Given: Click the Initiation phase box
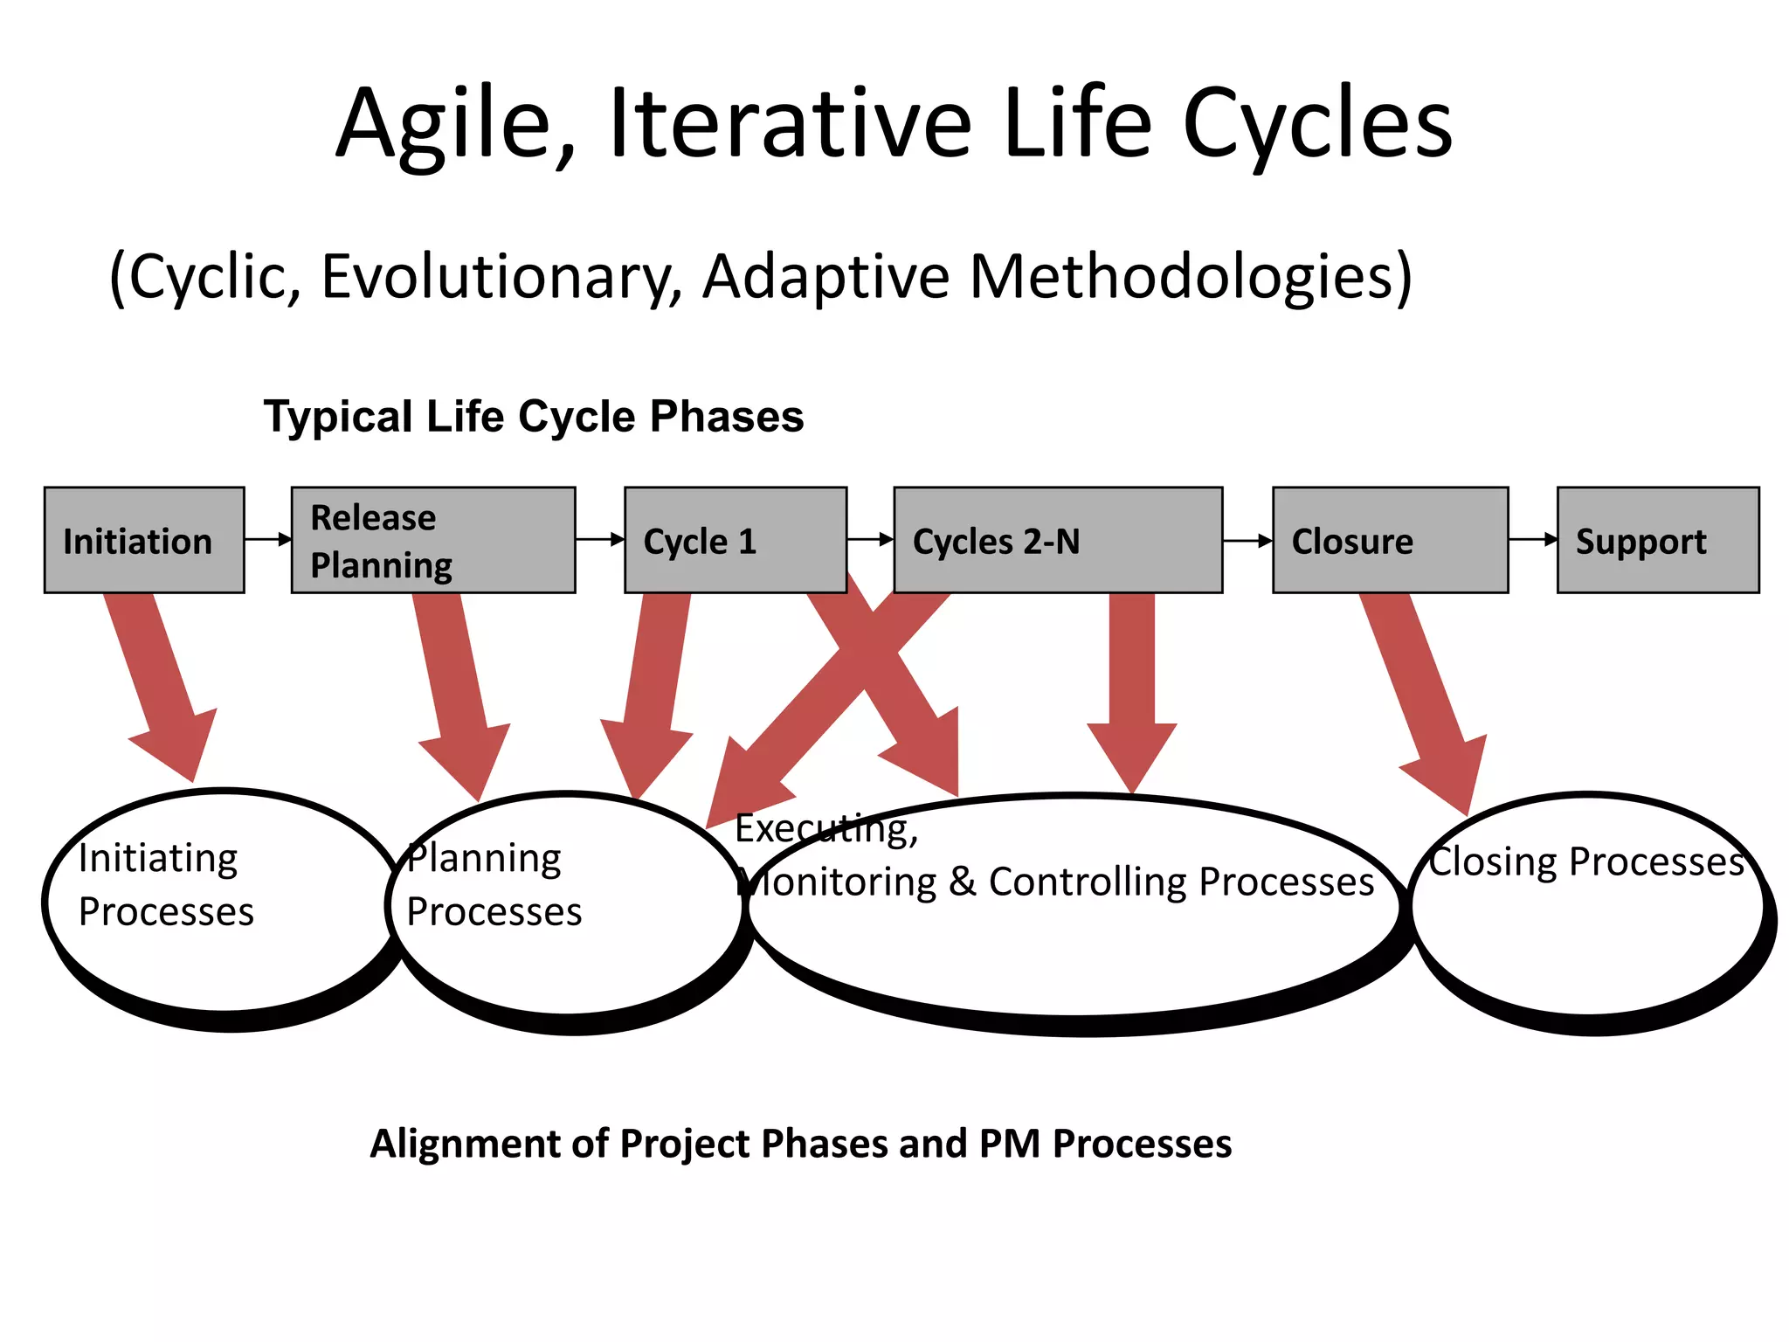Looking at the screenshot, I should (144, 540).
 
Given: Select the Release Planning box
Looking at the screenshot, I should (433, 540).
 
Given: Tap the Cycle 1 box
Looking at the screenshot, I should (736, 540).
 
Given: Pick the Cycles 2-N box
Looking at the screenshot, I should (1058, 540).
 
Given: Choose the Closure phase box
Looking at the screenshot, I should (1390, 540).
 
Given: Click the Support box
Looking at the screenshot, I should (1657, 540).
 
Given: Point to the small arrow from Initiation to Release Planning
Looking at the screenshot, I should (268, 539).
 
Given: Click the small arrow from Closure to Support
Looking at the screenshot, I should (1533, 539).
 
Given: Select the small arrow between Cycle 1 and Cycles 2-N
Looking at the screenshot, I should (871, 539).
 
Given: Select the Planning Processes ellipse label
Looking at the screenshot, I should (494, 884).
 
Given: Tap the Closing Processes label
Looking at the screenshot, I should (1585, 861).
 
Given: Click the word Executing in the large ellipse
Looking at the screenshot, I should (825, 828).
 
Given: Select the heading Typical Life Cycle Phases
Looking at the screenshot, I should (534, 416).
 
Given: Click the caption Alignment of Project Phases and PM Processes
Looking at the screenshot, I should (800, 1144).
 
